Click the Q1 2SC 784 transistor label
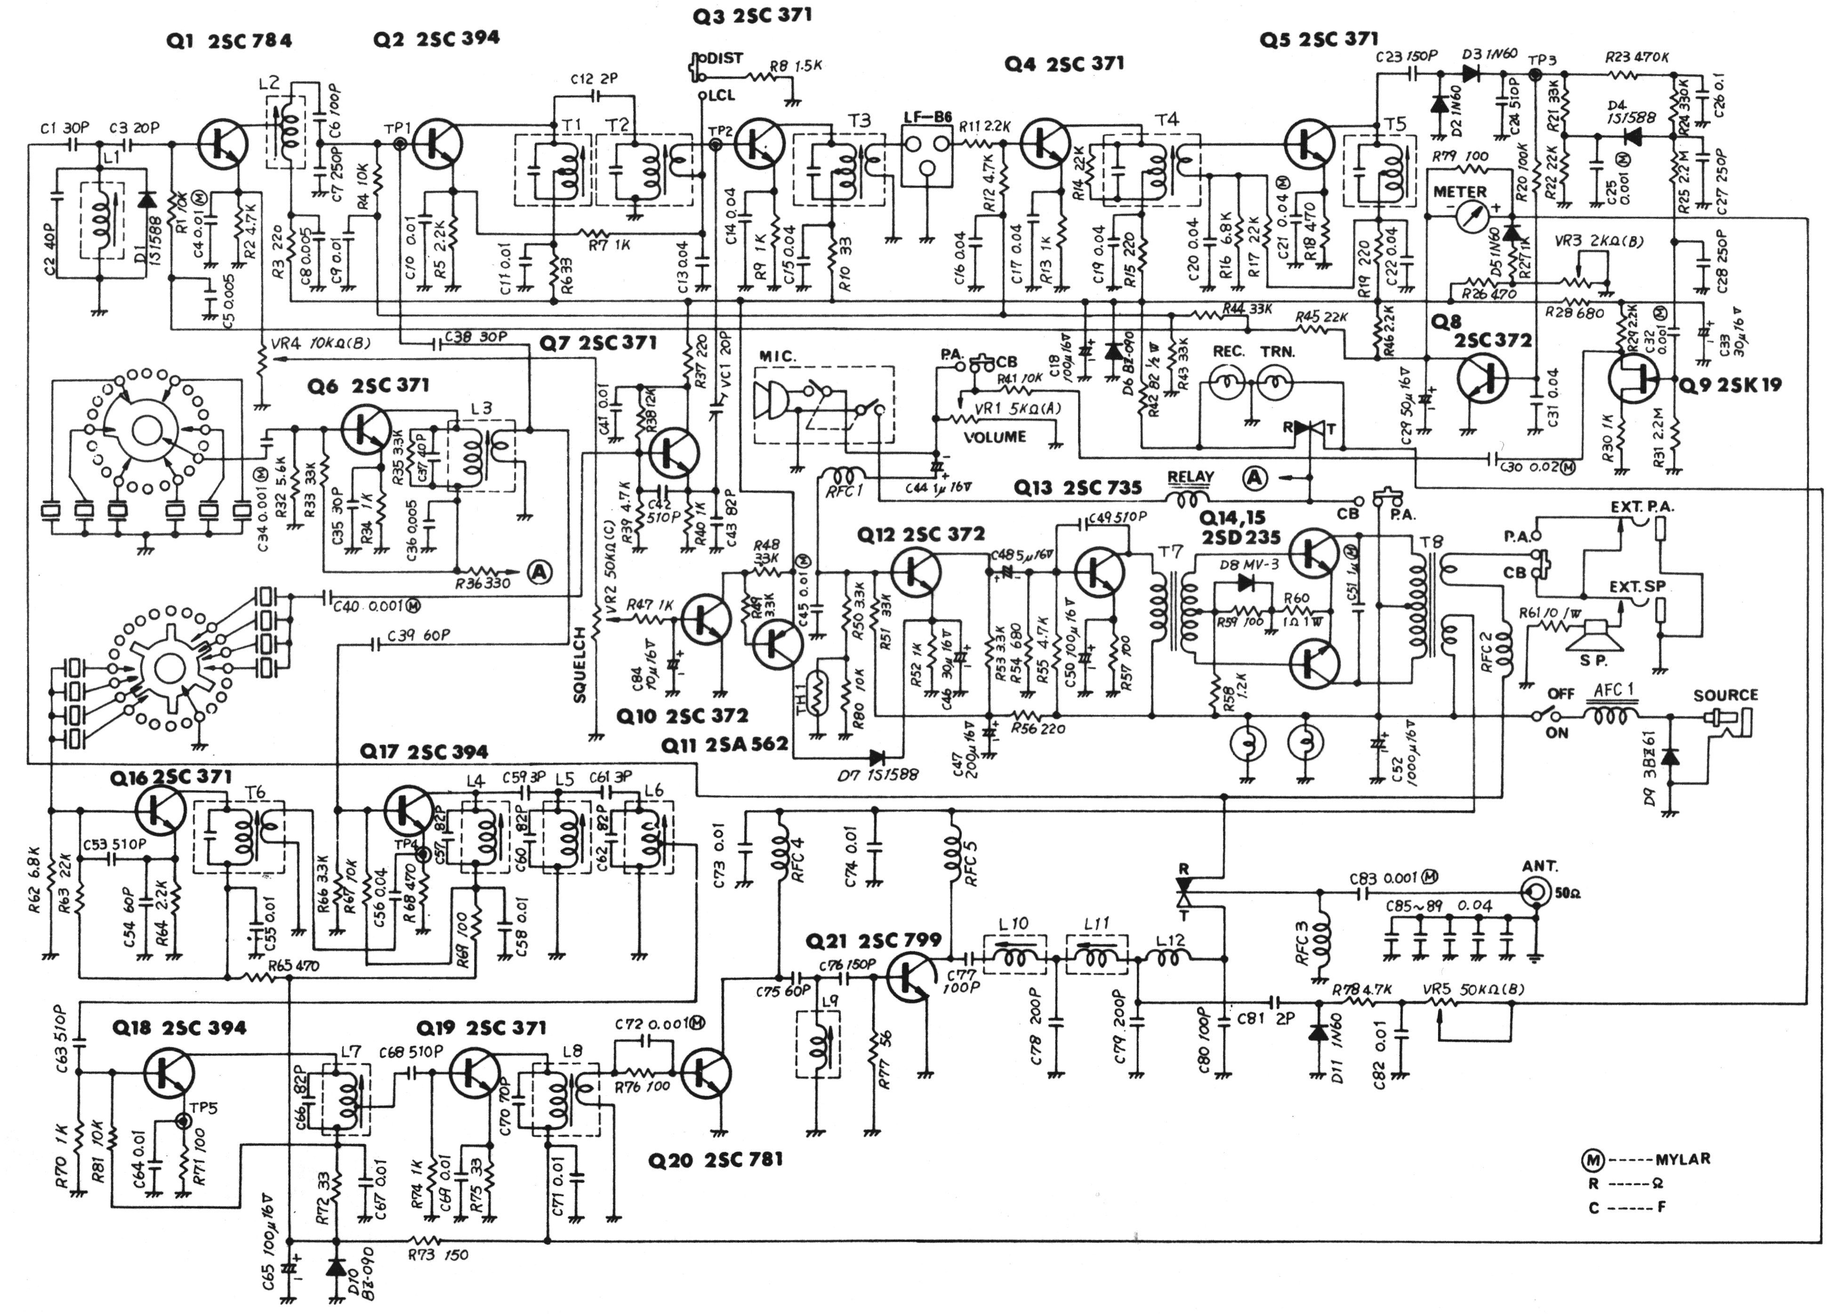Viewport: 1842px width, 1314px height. click(x=228, y=41)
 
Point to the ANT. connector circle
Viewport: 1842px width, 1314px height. click(x=1534, y=893)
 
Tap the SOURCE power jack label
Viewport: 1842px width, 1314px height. click(x=1726, y=695)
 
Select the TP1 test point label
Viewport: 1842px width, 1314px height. click(x=398, y=129)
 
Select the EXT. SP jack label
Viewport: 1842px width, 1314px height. click(x=1637, y=586)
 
